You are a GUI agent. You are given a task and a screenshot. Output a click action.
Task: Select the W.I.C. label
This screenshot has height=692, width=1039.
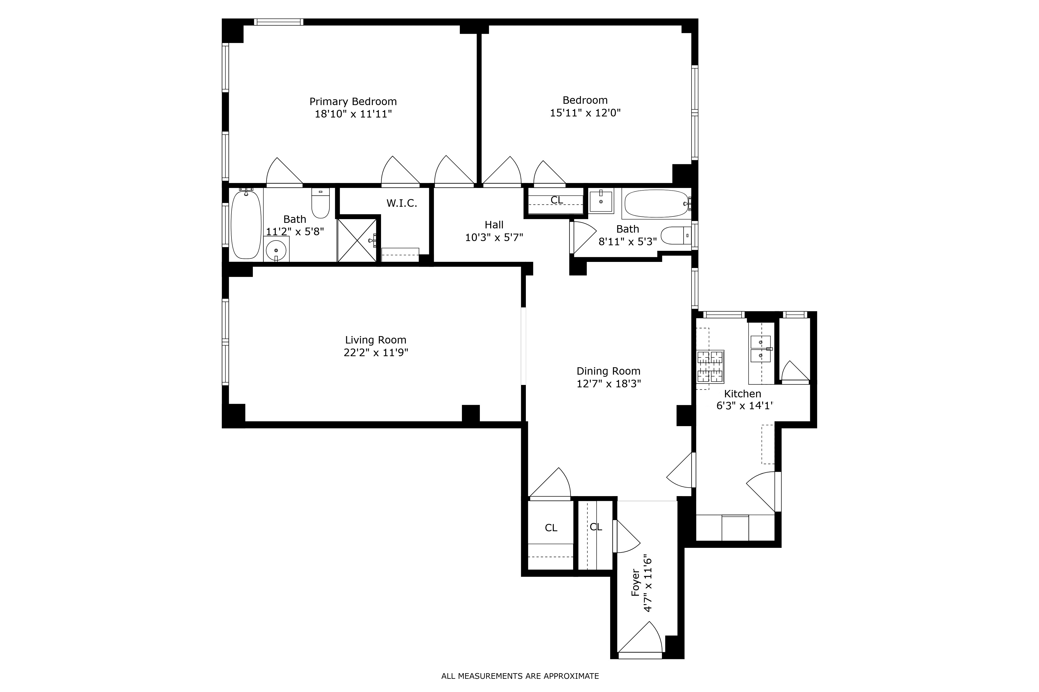[401, 204]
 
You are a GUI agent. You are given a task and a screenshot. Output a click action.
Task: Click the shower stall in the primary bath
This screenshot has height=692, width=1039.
[356, 241]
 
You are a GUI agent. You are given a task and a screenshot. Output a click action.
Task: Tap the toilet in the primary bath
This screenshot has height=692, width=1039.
[321, 204]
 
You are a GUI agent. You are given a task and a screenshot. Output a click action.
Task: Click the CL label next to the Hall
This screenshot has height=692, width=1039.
[556, 200]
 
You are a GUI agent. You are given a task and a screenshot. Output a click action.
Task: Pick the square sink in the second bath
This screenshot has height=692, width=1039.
[601, 201]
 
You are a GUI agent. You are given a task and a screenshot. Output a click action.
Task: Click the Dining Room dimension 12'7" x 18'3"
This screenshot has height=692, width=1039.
[609, 384]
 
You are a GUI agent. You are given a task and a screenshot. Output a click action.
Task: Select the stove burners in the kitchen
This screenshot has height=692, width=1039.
[710, 366]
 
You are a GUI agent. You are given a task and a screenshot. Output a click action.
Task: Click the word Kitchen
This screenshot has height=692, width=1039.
[742, 394]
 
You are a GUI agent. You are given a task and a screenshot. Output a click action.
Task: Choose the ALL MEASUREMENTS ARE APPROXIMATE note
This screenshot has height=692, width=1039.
[520, 676]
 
